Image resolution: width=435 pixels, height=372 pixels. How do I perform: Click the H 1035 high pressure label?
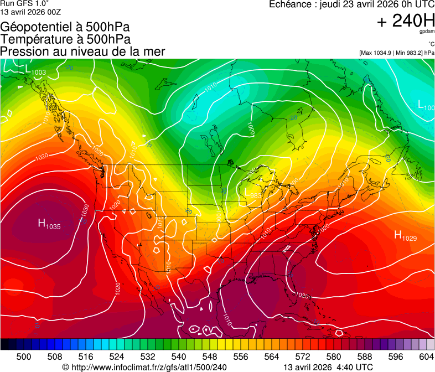coord(49,224)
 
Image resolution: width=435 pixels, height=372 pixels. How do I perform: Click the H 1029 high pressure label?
coord(405,236)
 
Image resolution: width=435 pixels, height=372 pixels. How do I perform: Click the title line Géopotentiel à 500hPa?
coord(65,27)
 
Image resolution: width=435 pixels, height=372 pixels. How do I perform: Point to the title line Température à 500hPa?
coord(65,39)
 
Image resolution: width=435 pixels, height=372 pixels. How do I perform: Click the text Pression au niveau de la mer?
coord(82,51)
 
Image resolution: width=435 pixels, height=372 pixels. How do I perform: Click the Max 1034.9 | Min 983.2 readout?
coord(396,53)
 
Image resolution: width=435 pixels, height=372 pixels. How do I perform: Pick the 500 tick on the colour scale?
coord(24,356)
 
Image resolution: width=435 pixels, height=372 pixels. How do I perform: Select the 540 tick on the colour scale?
coord(179,356)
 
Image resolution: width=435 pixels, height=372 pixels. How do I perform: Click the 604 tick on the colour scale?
coord(427,356)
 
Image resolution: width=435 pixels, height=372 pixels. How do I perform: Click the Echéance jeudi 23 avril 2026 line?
coord(351,4)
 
